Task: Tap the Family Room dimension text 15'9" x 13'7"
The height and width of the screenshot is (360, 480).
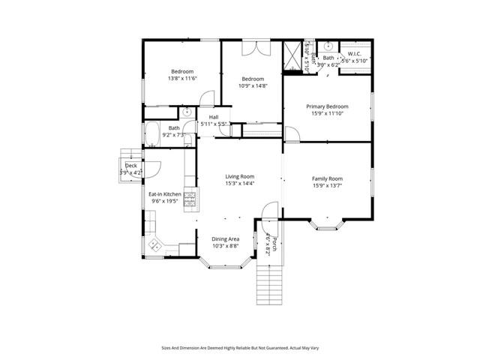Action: (x=327, y=186)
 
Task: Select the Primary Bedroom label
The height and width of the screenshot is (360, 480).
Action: (x=327, y=106)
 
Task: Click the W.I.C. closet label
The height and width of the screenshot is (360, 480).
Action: (x=355, y=53)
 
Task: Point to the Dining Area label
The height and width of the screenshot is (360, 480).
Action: (x=225, y=238)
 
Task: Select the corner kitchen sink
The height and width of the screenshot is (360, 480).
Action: (x=156, y=244)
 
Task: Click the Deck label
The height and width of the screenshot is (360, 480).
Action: (x=130, y=165)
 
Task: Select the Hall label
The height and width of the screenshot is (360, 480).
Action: (x=214, y=118)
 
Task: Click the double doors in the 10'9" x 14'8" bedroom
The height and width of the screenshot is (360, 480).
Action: (x=253, y=48)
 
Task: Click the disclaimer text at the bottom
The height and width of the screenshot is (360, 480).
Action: (x=240, y=347)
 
